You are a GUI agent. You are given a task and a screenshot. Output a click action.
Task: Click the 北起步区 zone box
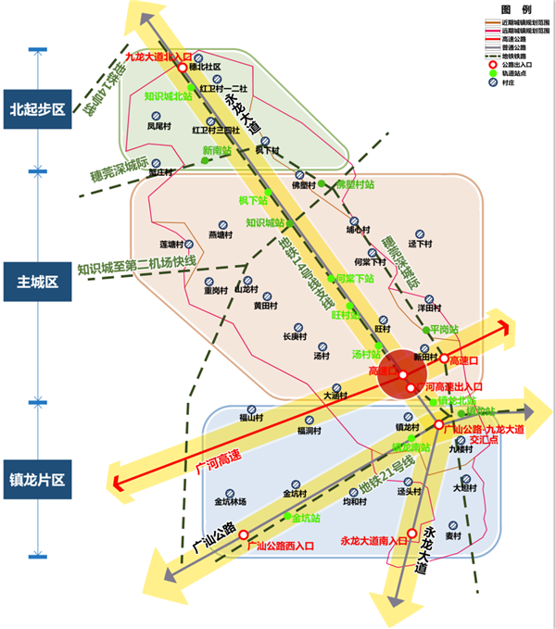[x=37, y=109]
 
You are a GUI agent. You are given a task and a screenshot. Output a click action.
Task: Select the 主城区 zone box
[x=37, y=280]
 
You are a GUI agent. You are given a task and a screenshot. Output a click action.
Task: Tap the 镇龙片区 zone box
[x=37, y=479]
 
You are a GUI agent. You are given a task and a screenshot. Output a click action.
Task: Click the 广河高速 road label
[x=219, y=458]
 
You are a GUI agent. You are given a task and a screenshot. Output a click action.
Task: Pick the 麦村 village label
[x=453, y=536]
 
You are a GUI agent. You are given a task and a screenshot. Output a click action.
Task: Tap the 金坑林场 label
[x=230, y=501]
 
